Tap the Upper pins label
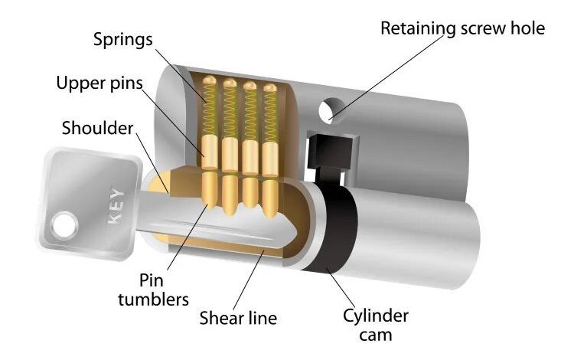click(x=100, y=82)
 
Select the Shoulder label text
click(x=97, y=128)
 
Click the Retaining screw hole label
click(x=463, y=28)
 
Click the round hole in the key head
click(x=64, y=224)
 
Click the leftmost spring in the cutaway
click(x=209, y=111)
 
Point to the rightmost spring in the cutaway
click(x=269, y=115)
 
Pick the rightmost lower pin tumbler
click(x=269, y=191)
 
